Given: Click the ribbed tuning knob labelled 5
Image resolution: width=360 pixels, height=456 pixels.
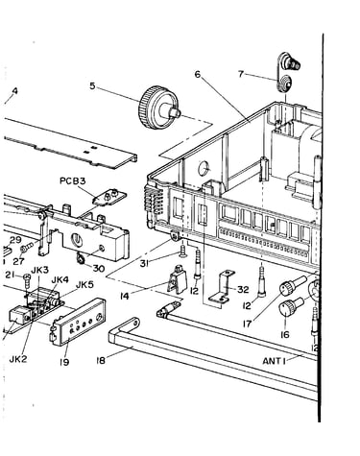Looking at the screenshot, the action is (159, 108).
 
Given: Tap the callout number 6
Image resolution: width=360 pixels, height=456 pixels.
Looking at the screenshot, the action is (198, 74).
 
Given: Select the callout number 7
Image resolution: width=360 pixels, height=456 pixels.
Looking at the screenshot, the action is (241, 74).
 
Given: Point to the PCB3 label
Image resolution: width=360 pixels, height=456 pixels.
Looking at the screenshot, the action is (73, 181).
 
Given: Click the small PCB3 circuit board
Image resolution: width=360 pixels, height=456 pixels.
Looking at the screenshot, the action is (109, 197).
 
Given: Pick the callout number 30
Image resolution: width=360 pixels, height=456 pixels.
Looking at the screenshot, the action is (98, 268).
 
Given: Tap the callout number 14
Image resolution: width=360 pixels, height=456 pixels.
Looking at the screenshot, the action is (125, 297).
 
